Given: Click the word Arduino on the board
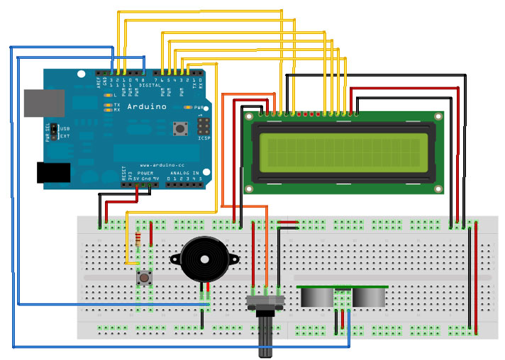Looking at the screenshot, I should (x=145, y=106).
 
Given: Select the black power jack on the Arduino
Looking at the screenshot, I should (x=53, y=172).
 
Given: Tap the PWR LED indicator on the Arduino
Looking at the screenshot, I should (x=189, y=106).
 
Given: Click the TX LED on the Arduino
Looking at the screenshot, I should (x=108, y=104).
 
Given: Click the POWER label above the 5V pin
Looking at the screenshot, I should (x=145, y=173).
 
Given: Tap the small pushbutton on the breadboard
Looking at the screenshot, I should (x=144, y=278).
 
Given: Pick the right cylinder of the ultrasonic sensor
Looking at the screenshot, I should (x=370, y=296).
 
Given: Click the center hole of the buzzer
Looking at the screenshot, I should (x=205, y=259).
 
